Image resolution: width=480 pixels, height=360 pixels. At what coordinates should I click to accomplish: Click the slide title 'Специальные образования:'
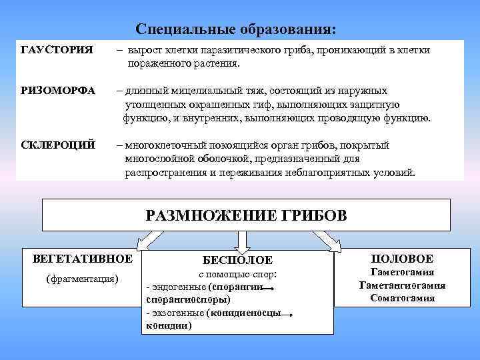point(237,30)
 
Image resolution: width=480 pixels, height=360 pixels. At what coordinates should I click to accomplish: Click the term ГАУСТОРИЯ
point(57,51)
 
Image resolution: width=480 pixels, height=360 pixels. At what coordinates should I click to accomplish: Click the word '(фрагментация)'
point(82,279)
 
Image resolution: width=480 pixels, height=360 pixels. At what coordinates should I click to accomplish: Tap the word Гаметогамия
point(402,272)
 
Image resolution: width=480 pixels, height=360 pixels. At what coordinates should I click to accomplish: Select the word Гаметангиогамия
point(402,285)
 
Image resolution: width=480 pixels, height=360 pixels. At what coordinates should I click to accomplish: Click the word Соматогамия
point(402,298)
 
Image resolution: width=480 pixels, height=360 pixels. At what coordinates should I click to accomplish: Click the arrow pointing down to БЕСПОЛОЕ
point(241,240)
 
